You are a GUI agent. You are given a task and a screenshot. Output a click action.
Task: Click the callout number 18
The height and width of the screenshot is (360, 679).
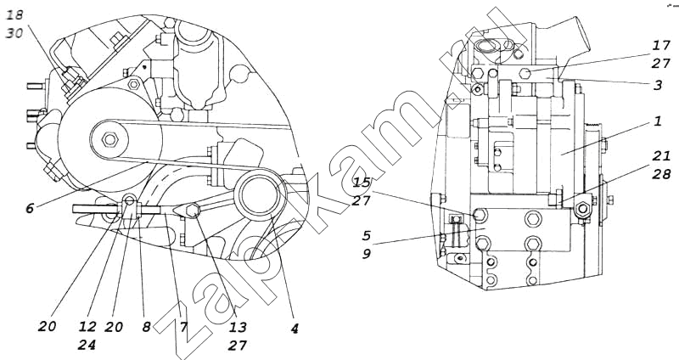14,14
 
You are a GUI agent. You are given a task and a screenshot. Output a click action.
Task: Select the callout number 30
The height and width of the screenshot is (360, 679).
14,33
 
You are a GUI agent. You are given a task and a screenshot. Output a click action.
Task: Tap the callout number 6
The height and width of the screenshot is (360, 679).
30,208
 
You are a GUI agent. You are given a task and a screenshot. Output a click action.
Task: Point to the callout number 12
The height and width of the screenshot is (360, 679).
87,327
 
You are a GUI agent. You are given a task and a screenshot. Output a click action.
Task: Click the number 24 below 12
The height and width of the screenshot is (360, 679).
87,346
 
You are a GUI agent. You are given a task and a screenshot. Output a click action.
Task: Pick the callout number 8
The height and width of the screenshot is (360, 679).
146,327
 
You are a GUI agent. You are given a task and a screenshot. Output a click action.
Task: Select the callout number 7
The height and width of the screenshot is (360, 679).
183,327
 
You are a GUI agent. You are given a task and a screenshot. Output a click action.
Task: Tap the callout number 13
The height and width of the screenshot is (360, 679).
238,327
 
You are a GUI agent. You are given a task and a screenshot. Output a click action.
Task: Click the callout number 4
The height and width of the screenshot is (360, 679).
295,329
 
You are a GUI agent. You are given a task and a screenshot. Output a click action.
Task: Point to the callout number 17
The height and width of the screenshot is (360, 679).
662,45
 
